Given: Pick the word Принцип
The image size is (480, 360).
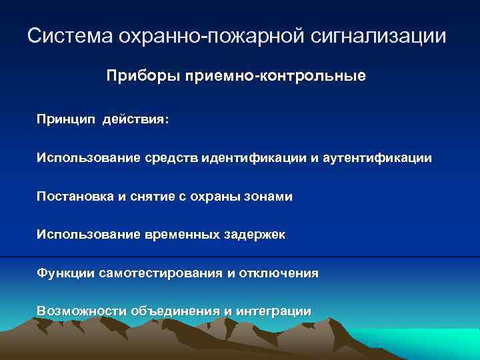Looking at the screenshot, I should click(x=67, y=121).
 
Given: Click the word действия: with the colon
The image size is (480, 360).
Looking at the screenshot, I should click(x=136, y=121).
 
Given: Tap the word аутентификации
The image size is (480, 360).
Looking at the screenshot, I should click(x=377, y=159).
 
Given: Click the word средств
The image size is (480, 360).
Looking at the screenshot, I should click(x=169, y=159).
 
